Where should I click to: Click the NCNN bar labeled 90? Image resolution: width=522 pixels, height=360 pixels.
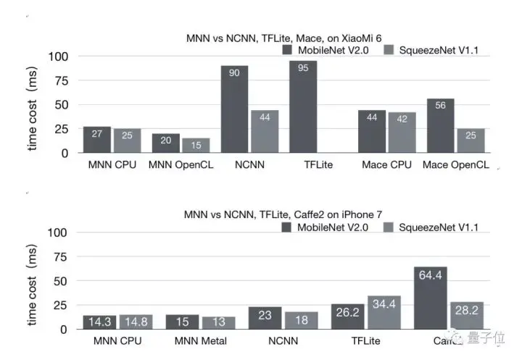click(234, 109)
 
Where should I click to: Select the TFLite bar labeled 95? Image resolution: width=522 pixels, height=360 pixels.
click(303, 106)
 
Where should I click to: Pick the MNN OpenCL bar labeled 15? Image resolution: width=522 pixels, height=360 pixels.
click(196, 145)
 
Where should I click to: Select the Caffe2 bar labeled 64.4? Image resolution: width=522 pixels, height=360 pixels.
click(431, 298)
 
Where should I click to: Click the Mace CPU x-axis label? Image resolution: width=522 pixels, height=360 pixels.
click(385, 165)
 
